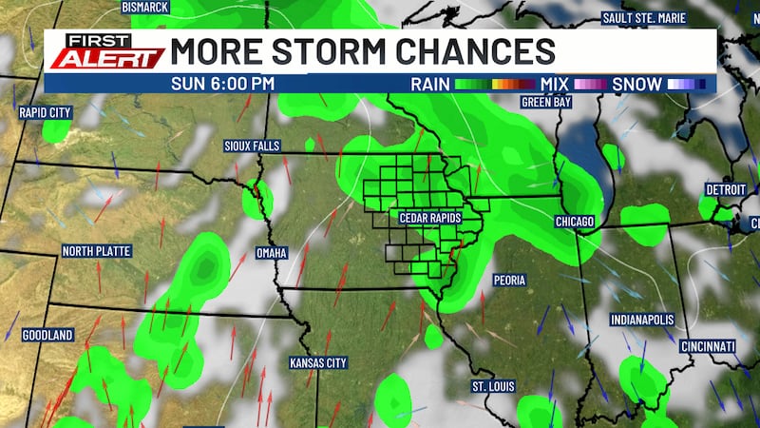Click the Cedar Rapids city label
pos(429,218)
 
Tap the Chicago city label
pos(574,222)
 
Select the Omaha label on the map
pos(273,253)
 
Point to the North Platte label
pos(97,251)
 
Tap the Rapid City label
pos(45,112)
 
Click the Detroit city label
pos(726,189)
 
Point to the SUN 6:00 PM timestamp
pos(223,84)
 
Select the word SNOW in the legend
pos(636,84)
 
